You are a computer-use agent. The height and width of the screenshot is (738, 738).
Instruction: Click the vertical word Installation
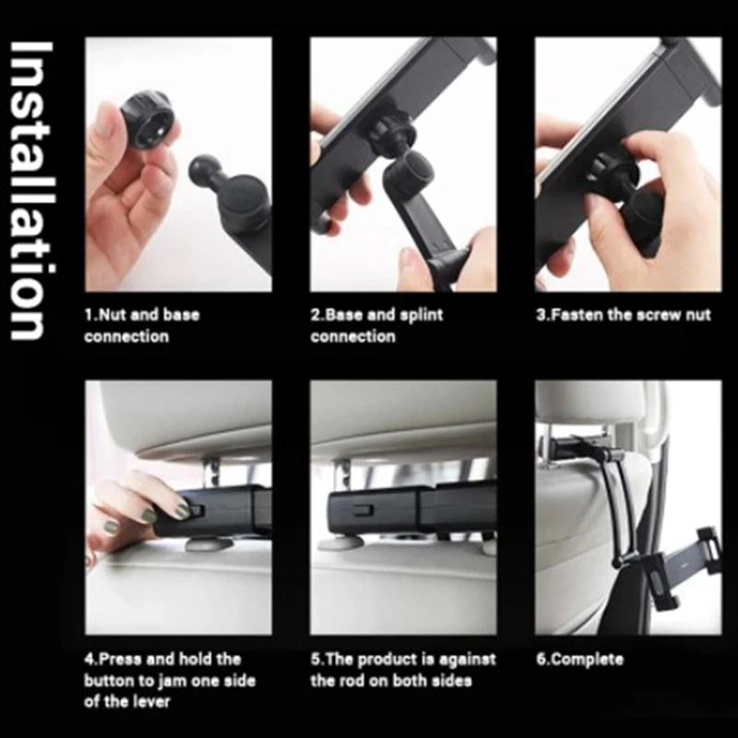coord(30,190)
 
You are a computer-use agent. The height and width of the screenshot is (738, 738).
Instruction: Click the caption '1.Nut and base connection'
coord(142,326)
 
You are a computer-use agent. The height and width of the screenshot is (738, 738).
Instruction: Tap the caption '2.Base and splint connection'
coord(376,326)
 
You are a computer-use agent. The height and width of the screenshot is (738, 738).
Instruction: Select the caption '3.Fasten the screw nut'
coord(624,315)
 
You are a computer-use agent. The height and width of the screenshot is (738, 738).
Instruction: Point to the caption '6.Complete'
coord(579,659)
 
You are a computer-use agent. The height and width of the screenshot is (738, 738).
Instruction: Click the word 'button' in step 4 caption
coord(107,681)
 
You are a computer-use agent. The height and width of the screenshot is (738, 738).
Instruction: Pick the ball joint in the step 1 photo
coord(204,171)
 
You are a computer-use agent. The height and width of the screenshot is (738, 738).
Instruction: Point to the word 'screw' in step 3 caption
coord(660,315)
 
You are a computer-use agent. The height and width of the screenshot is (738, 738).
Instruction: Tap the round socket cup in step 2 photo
coord(410,171)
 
